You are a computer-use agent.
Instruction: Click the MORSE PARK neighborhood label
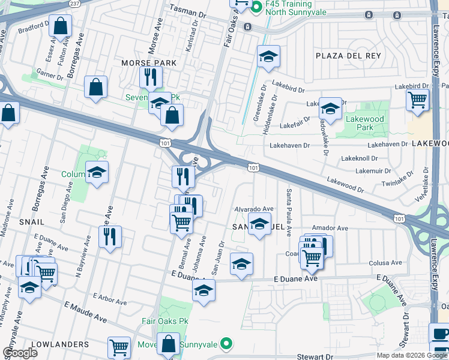click(x=149, y=63)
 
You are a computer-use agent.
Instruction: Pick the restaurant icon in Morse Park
click(x=149, y=77)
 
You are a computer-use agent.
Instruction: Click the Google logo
click(x=20, y=353)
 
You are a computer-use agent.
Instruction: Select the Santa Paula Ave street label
click(x=289, y=212)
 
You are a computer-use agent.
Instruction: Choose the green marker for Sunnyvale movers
click(x=226, y=344)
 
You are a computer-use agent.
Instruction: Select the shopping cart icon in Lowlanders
click(x=119, y=347)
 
